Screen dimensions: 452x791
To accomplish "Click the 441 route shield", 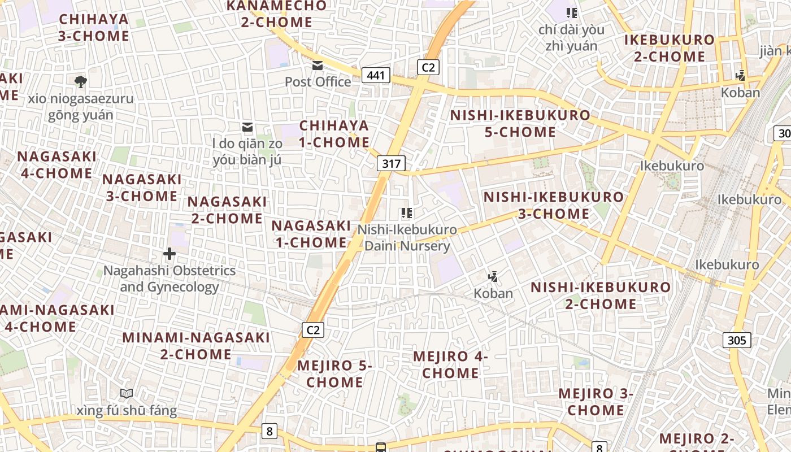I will pos(376,75).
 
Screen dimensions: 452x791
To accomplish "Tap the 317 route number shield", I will pos(391,164).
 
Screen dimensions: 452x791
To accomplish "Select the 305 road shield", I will pos(737,340).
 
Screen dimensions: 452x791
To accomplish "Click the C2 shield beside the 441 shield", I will pos(428,67).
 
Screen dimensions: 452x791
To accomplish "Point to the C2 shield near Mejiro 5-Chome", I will pos(312,329).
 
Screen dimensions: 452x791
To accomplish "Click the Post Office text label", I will pos(318,82).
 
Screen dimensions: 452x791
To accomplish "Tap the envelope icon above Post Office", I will pos(318,66).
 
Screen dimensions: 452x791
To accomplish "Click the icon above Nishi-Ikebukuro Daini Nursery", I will pos(407,213).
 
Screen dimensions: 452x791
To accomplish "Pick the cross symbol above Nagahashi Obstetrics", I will pos(169,254).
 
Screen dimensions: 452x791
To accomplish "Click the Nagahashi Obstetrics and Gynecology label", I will pos(169,279).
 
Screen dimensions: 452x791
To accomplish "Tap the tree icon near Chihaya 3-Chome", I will pos(81,81).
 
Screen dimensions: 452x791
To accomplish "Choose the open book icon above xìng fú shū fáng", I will pos(127,393).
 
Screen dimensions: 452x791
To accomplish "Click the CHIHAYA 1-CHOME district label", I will pos(334,134).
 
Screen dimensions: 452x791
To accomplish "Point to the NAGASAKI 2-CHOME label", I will pos(227,210).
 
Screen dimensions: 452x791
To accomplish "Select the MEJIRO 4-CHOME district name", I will pos(450,364).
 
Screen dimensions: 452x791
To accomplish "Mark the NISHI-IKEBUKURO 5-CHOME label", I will pos(520,124).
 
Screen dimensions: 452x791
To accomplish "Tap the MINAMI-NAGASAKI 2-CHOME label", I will pos(196,346).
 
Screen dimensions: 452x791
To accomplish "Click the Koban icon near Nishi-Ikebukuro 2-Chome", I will pos(493,276).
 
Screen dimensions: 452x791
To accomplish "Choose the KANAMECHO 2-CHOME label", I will pos(276,14).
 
